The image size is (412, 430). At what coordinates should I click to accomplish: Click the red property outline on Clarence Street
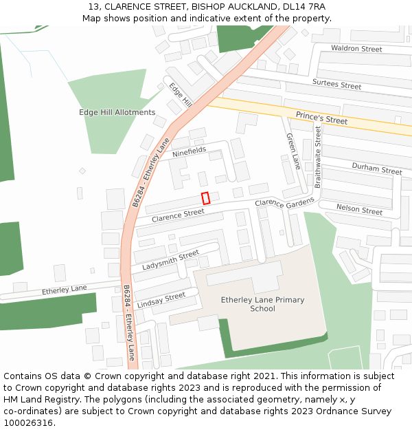[205, 198]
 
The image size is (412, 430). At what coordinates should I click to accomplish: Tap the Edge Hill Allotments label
[117, 112]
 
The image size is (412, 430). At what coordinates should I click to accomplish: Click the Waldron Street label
[356, 49]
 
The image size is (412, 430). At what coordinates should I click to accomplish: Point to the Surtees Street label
[336, 85]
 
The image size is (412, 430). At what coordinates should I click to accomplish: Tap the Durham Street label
[376, 169]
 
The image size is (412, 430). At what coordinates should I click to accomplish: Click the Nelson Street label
[359, 209]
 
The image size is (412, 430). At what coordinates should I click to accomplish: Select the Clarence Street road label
[178, 215]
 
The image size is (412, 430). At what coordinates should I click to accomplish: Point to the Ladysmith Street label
[170, 261]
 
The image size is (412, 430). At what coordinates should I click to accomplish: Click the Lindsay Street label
[161, 300]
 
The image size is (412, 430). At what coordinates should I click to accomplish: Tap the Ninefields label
[189, 151]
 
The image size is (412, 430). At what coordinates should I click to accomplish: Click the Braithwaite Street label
[318, 157]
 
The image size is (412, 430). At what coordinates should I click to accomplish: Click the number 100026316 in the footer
[30, 422]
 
